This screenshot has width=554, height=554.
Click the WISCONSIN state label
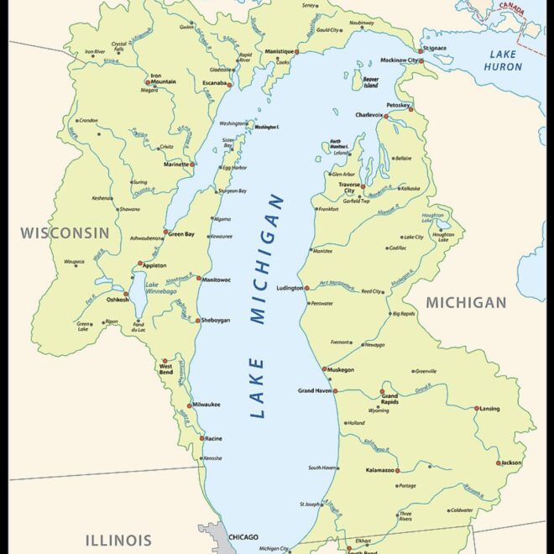coord(65,233)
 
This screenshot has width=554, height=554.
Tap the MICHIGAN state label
coord(466,302)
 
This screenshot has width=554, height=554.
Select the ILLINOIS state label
coord(118,540)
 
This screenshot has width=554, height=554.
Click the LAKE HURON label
coord(503,60)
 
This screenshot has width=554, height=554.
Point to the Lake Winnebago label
coord(163,289)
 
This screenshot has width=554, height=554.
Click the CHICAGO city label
coord(243,537)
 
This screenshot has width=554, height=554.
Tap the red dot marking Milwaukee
coord(189,405)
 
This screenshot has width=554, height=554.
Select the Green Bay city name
coord(181,234)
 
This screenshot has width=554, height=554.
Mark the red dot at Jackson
coord(498,463)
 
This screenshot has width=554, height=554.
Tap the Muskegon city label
coord(340,369)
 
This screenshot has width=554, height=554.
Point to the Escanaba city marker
coord(229,85)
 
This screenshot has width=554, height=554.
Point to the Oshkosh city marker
coord(127,295)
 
